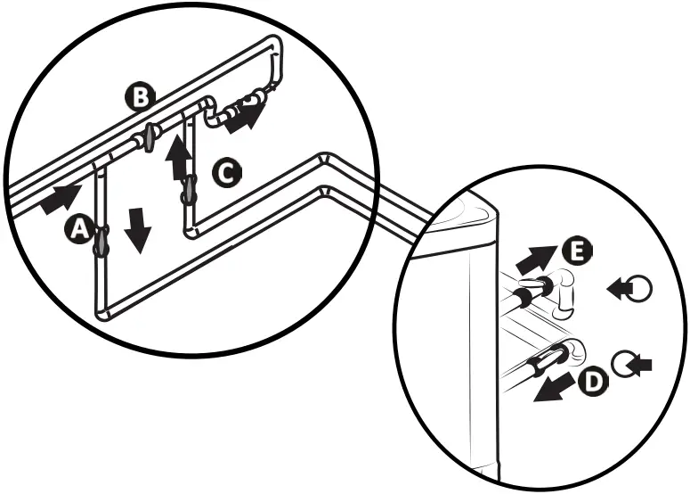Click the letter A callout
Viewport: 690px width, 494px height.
click(x=78, y=230)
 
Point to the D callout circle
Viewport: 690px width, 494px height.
click(x=594, y=382)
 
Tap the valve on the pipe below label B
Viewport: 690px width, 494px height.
click(x=150, y=136)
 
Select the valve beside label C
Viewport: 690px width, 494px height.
click(x=188, y=188)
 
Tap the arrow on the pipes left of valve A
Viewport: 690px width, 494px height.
click(x=59, y=197)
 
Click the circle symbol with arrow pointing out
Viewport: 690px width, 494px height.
click(x=633, y=288)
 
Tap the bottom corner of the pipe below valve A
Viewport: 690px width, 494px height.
click(x=101, y=311)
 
